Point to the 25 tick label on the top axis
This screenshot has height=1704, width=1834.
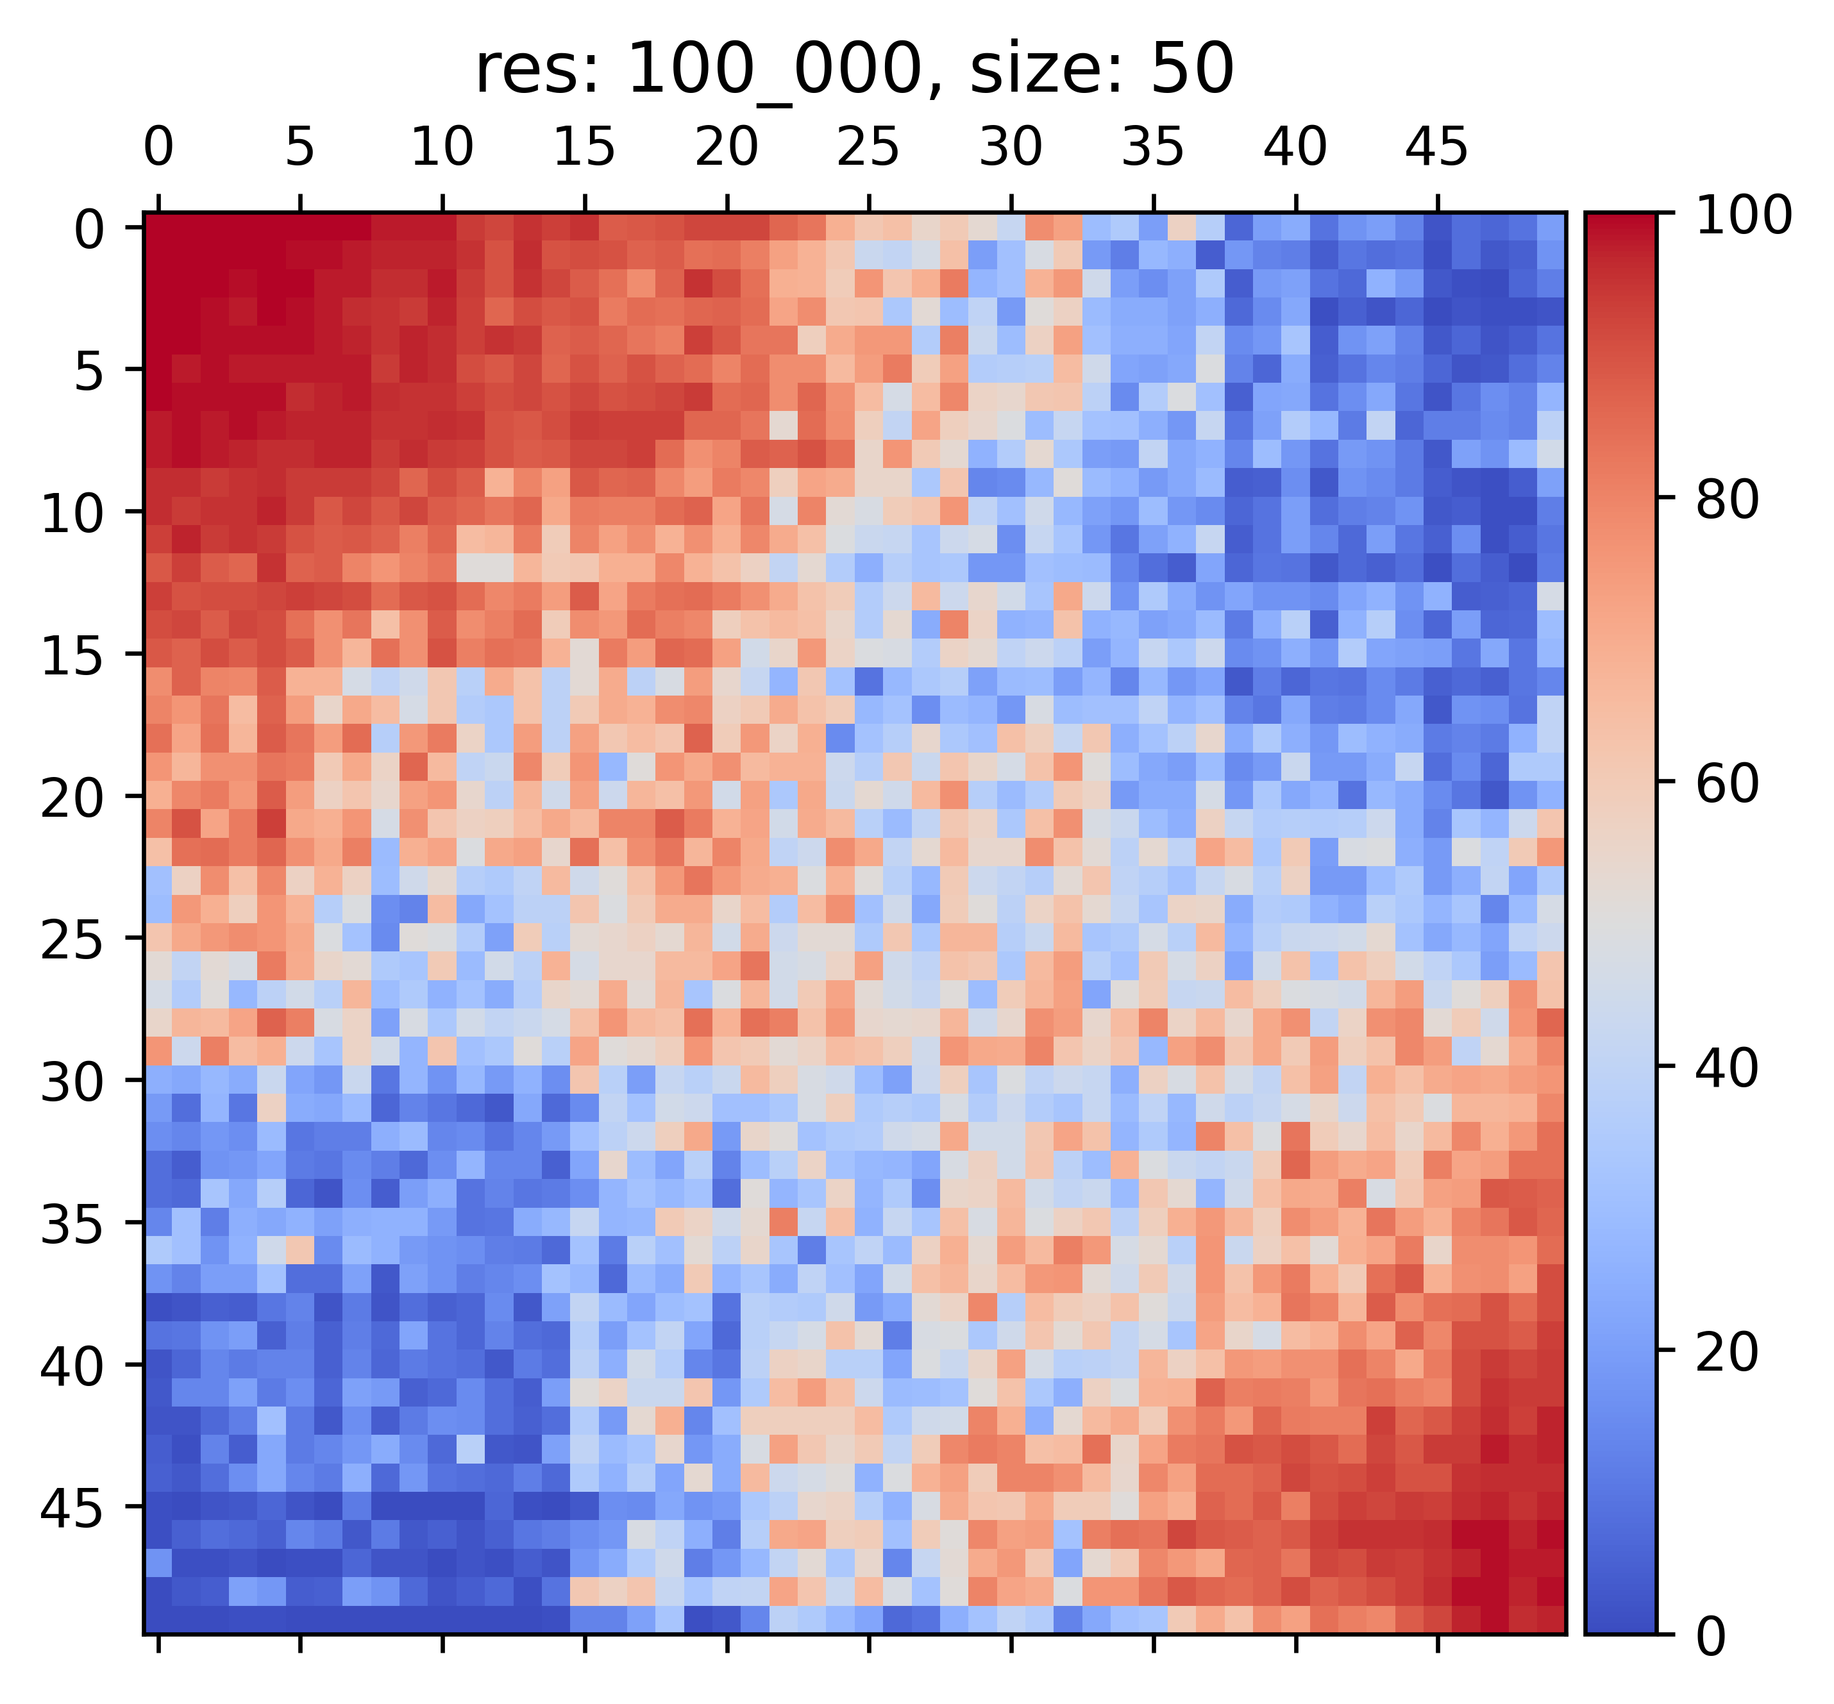coord(868,147)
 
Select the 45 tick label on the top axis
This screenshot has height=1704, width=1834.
coord(1436,147)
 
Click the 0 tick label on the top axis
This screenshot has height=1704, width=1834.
coord(158,147)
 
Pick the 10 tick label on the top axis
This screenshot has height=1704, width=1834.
coord(442,147)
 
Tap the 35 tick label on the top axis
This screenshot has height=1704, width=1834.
coord(1152,147)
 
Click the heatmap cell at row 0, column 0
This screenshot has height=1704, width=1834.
coord(158,227)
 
